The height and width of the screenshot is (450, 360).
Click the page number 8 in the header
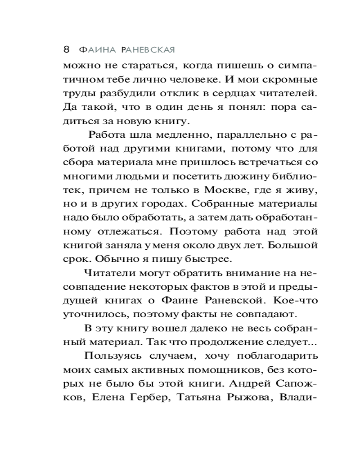(x=66, y=48)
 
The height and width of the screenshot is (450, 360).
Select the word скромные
(x=291, y=81)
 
